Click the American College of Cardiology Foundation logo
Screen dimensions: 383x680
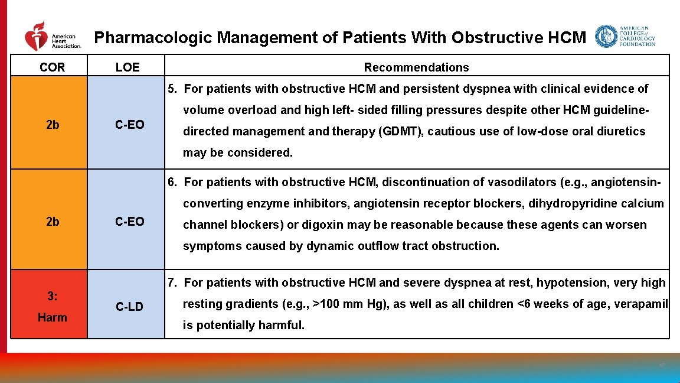tap(625, 37)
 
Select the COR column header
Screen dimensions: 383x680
tap(52, 67)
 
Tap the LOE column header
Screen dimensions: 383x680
tap(127, 67)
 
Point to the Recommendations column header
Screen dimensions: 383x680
tap(416, 67)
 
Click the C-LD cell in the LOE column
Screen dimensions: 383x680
tap(129, 306)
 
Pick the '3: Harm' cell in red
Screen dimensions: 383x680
tap(52, 306)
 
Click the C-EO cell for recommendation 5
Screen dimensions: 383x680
tap(129, 125)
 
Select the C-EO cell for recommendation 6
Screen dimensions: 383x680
tap(129, 222)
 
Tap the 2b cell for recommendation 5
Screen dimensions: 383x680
tap(52, 125)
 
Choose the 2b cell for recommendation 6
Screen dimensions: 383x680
tap(52, 222)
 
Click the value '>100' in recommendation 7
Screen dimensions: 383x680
tap(325, 304)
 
